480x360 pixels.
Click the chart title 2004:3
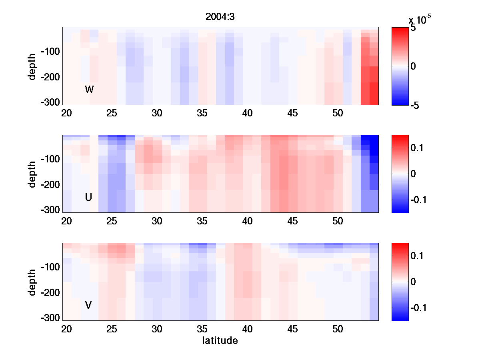[220, 17]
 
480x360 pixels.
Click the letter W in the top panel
[89, 90]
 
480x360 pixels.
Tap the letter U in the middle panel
[89, 197]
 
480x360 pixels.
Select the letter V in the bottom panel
[88, 305]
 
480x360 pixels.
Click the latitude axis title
[220, 341]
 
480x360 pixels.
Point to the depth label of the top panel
[32, 66]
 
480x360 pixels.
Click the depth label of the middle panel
[32, 174]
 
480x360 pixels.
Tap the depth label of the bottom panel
[32, 282]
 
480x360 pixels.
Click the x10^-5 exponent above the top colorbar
[420, 20]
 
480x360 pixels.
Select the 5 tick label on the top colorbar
[413, 28]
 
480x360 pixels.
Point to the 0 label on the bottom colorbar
[413, 282]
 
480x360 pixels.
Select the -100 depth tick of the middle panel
[50, 159]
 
